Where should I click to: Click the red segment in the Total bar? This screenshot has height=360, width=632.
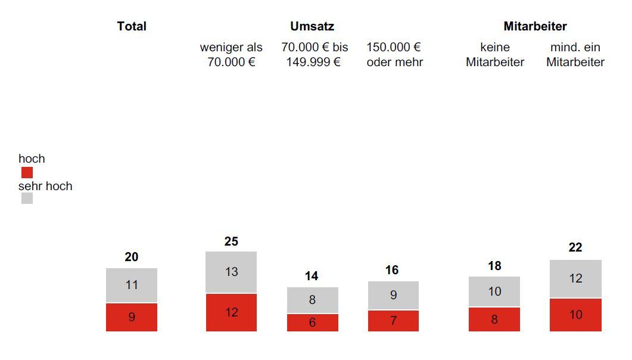coord(132,317)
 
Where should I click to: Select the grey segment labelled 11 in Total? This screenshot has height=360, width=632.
coord(132,285)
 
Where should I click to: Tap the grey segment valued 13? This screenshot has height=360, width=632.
coord(231,272)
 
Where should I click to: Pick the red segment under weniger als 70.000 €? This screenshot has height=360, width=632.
coord(231,312)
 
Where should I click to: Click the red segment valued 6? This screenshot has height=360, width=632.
coord(312,322)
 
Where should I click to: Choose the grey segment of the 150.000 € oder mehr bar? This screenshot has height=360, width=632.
coord(393,295)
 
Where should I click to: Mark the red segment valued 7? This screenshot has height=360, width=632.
coord(393,321)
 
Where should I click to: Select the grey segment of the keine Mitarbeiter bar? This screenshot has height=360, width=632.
coord(494,291)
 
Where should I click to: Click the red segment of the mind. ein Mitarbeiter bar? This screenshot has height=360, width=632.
coord(575,315)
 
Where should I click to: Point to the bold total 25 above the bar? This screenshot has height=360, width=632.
coord(231,241)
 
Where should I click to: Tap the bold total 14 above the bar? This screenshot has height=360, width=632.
coord(312,276)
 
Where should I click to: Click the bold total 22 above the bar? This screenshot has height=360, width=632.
coord(575,247)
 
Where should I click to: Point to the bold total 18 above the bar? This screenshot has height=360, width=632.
coord(494,266)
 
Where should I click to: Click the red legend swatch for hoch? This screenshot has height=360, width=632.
coord(27,173)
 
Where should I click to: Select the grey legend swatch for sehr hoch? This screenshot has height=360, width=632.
coord(27,198)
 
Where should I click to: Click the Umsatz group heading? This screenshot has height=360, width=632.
coord(312,26)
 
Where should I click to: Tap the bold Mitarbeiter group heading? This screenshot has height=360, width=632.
coord(535,26)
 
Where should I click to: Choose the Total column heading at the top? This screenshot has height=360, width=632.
coord(132,26)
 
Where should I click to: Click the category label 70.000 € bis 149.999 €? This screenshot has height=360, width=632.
coord(314,55)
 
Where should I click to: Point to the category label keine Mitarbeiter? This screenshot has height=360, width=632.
coord(495,55)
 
